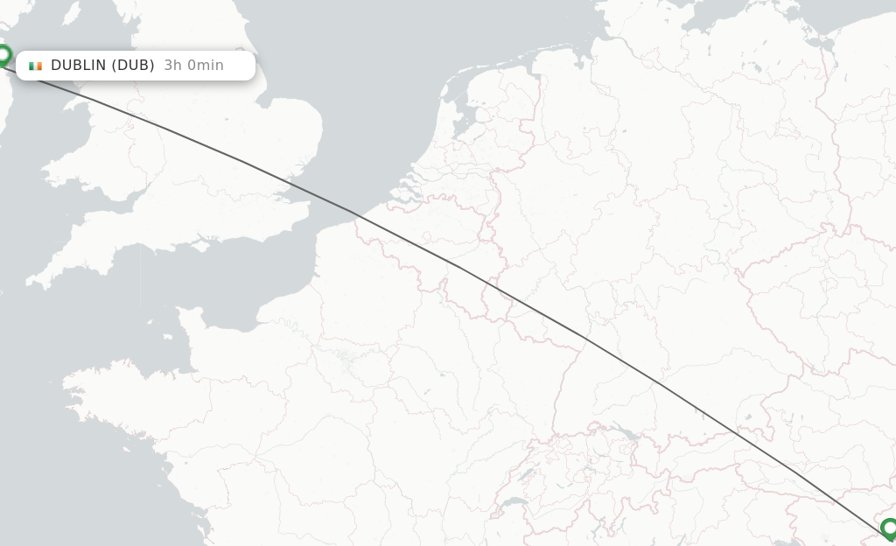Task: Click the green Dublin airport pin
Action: tap(3, 56)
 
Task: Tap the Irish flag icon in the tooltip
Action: tap(35, 66)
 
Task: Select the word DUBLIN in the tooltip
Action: tap(79, 66)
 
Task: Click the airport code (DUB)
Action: tap(134, 66)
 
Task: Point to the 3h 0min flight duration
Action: tap(193, 66)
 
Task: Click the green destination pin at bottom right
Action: tap(889, 528)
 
